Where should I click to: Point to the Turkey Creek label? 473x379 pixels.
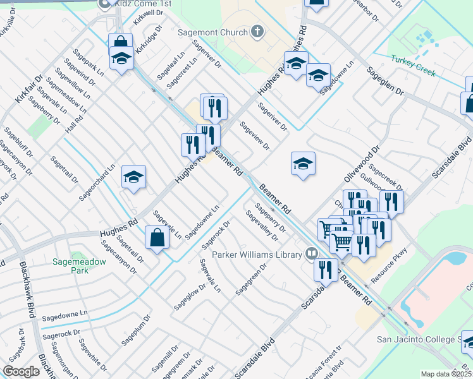pos(413,64)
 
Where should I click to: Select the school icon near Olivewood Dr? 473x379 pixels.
pos(303,164)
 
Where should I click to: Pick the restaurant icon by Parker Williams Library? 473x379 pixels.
pos(326,269)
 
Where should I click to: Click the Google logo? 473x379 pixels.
pos(21,371)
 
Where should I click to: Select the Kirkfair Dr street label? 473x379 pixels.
pos(29,90)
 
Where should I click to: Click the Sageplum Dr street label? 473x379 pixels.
pos(134,332)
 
